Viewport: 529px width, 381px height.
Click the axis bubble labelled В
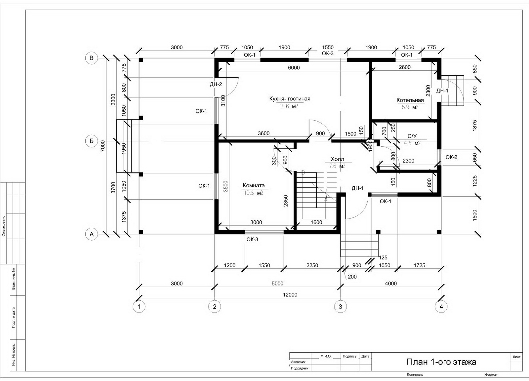[x=91, y=58]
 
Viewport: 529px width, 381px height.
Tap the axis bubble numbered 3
[x=340, y=307]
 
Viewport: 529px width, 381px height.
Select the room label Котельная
[x=410, y=100]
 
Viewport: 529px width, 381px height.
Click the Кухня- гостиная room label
[x=290, y=99]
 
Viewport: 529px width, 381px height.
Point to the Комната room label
[x=254, y=185]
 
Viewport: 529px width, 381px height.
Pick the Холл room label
[x=337, y=159]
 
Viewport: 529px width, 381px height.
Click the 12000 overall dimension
[x=290, y=295]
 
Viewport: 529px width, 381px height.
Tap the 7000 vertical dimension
[x=102, y=146]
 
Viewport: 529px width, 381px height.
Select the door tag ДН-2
[x=216, y=84]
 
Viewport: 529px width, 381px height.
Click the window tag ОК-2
[x=451, y=157]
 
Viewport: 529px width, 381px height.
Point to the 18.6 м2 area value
[x=289, y=106]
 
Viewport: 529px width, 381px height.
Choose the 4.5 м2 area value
[x=412, y=143]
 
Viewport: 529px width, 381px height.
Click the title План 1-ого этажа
[x=441, y=362]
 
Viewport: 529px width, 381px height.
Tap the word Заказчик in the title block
[x=298, y=362]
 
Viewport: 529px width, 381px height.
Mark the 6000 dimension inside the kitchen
[x=294, y=68]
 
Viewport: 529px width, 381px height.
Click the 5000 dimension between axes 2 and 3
[x=277, y=284]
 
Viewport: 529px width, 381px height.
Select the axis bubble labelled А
[x=91, y=234]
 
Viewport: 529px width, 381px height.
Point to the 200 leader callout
[x=352, y=277]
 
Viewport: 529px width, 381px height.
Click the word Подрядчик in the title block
[x=300, y=368]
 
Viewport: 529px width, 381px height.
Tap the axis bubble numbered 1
[x=139, y=307]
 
